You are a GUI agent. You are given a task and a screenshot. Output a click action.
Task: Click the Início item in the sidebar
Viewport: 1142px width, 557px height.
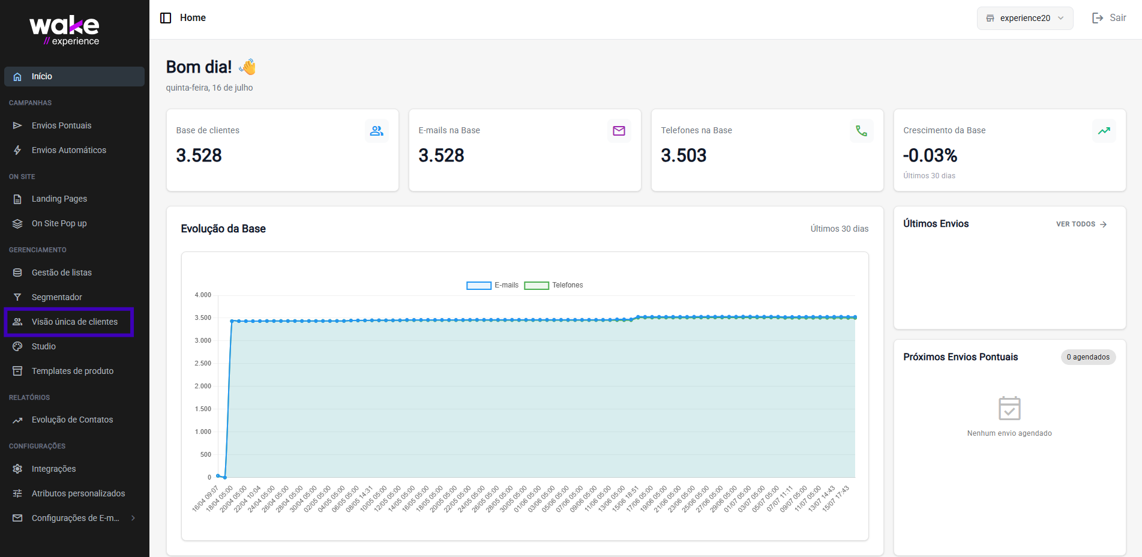click(x=74, y=76)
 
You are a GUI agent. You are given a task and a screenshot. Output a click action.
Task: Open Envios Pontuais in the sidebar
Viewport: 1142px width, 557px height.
click(x=61, y=125)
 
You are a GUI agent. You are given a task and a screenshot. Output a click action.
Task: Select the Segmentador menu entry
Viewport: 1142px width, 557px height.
click(x=56, y=297)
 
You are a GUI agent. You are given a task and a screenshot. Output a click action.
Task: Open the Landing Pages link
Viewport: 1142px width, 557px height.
click(x=59, y=199)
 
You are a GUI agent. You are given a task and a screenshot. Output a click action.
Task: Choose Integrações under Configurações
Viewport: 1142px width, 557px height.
click(x=53, y=469)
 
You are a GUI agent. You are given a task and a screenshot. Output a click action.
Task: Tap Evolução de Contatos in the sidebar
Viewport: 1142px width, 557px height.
click(x=72, y=420)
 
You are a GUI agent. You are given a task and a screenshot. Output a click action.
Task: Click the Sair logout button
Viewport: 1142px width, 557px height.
click(x=1109, y=18)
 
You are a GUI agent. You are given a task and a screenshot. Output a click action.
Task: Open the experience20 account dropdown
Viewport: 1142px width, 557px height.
click(x=1025, y=18)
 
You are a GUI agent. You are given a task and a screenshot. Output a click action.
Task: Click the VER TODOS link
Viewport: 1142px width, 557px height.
click(x=1081, y=224)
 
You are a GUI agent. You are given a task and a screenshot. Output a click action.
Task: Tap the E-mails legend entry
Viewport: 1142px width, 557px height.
click(x=492, y=285)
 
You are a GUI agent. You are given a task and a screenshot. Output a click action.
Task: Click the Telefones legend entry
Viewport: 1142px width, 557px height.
click(x=553, y=285)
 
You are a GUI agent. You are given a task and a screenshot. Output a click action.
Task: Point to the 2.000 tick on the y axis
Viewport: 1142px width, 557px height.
click(x=203, y=386)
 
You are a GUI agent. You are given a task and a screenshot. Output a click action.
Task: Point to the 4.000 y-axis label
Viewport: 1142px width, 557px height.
click(x=203, y=295)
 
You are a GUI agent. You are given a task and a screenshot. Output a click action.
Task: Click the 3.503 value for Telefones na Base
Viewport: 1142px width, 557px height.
click(x=684, y=155)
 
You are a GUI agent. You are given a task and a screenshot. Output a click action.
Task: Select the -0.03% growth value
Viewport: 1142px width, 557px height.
click(x=930, y=155)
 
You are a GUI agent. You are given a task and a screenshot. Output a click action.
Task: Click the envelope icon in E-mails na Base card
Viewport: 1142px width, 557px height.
click(x=619, y=131)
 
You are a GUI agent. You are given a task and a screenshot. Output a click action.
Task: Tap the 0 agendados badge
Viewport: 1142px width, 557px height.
click(x=1088, y=357)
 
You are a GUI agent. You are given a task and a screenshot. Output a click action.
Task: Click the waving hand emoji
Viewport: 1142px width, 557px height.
click(x=248, y=67)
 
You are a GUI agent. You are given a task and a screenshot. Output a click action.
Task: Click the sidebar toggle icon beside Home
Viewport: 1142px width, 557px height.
click(x=166, y=18)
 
